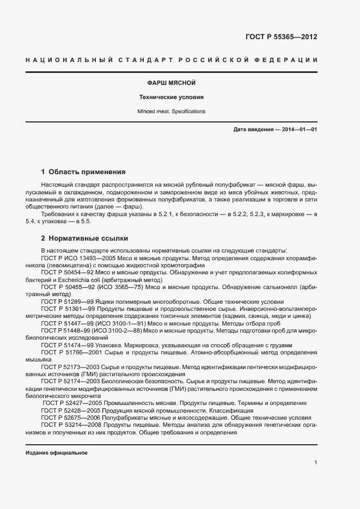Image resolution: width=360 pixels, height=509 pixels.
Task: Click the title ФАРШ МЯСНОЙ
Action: [172, 83]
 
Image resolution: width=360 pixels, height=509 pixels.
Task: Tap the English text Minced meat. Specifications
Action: [172, 111]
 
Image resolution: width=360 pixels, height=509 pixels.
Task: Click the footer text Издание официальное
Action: [57, 453]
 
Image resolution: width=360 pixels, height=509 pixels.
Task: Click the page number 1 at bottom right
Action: [316, 463]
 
